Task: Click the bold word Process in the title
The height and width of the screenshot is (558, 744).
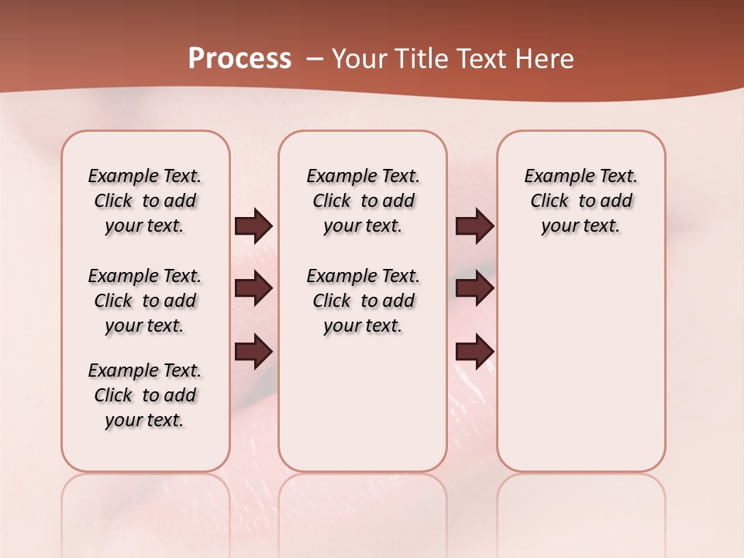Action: (239, 59)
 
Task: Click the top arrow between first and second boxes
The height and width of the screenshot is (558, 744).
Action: (253, 226)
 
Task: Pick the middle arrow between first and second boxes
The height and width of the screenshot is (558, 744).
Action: (253, 288)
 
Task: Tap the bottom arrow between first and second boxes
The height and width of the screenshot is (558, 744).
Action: (253, 351)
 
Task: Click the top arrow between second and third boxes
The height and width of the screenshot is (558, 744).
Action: (474, 226)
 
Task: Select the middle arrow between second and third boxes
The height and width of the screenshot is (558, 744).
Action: (474, 288)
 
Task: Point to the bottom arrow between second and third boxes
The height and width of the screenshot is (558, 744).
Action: (474, 351)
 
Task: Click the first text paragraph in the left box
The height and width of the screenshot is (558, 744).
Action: (145, 201)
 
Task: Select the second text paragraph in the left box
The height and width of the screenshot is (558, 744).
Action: (145, 301)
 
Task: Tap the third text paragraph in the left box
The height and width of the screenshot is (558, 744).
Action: (145, 395)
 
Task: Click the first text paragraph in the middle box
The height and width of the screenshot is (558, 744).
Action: (363, 201)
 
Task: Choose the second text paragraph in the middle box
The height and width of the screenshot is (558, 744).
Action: (363, 301)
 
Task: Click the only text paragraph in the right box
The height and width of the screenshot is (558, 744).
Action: (580, 201)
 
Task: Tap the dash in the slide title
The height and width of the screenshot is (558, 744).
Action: (315, 59)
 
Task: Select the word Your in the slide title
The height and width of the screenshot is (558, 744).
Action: (357, 59)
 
